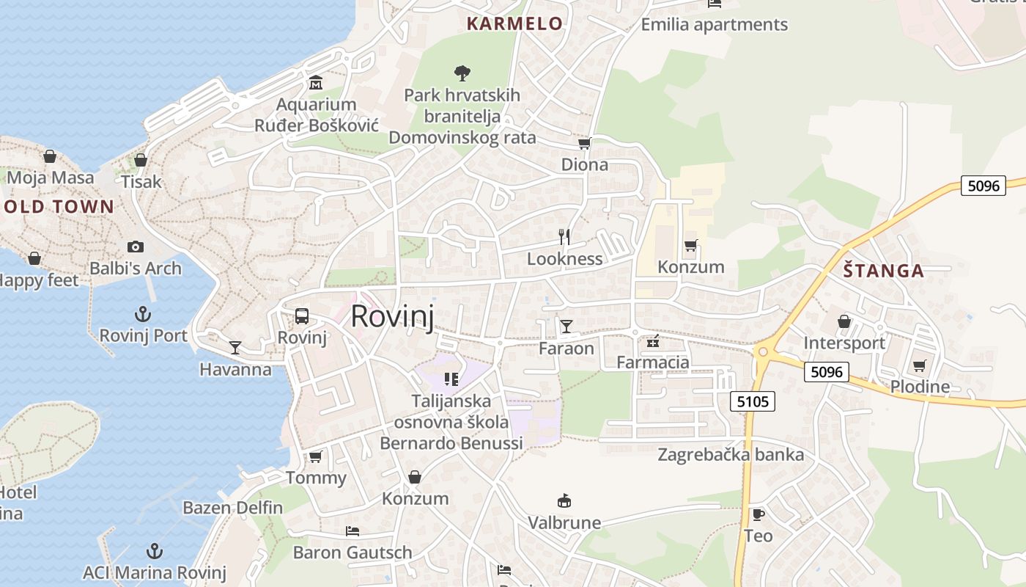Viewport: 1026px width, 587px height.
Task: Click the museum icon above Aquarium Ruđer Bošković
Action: [316, 81]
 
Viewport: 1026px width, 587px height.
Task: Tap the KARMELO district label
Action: [514, 23]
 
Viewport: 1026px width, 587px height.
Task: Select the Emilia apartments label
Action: [714, 25]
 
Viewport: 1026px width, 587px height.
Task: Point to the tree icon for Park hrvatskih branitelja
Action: [462, 73]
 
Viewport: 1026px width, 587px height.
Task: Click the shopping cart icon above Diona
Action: [584, 143]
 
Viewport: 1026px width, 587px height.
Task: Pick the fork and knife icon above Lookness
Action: [564, 236]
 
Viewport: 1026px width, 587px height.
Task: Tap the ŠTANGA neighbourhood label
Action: [883, 271]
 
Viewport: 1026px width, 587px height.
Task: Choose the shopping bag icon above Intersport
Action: [844, 321]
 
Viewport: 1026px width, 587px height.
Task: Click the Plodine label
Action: [920, 387]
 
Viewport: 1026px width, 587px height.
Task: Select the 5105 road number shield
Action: [753, 401]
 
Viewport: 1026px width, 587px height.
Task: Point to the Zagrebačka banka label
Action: [731, 455]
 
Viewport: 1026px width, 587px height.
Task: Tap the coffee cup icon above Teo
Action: [758, 514]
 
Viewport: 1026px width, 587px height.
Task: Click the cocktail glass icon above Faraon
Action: [566, 326]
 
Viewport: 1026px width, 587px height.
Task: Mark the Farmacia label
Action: [653, 362]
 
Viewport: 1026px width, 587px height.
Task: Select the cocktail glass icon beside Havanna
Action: [235, 347]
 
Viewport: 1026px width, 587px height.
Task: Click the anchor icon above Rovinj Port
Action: [143, 315]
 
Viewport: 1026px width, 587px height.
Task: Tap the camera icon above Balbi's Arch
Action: [135, 247]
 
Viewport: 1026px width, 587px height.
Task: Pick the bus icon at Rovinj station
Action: [301, 316]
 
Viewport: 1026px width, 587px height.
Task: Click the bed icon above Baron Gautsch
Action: [353, 531]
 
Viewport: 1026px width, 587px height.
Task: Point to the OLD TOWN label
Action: [59, 207]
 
